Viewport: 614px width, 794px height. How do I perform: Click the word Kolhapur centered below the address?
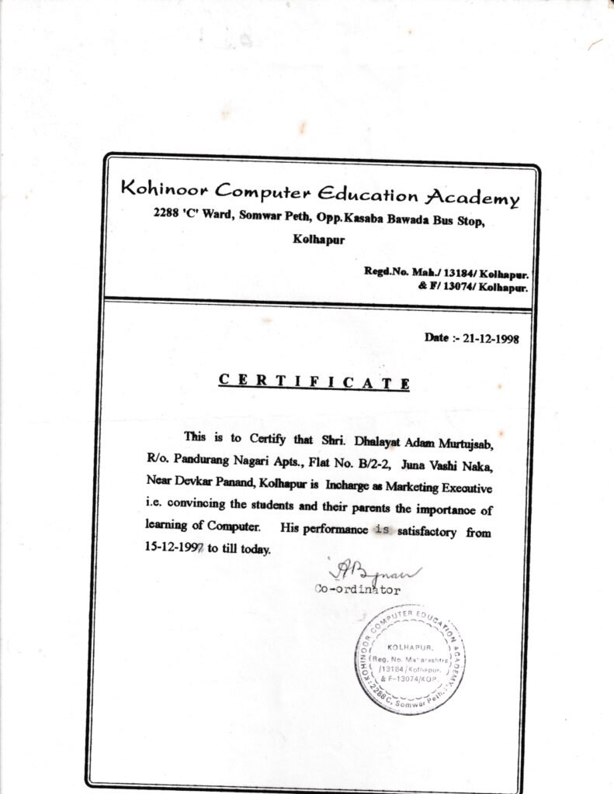point(319,240)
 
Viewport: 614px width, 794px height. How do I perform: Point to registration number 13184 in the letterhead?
point(449,273)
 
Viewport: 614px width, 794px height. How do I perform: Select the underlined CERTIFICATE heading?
point(314,381)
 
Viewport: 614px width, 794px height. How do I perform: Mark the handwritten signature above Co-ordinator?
point(376,574)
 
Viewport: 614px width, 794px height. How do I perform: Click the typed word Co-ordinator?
point(358,590)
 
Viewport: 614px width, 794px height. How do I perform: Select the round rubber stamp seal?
point(410,659)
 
